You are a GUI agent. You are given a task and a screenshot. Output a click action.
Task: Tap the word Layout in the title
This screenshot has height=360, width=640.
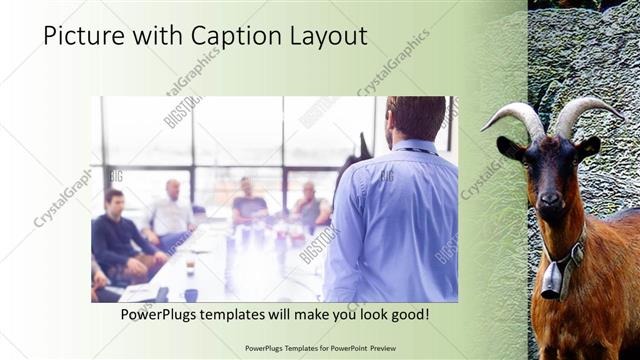tap(329, 37)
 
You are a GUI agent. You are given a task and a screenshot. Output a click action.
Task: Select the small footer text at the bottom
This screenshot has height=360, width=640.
tap(320, 348)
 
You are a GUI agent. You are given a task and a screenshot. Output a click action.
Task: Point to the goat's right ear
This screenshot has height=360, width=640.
tap(589, 147)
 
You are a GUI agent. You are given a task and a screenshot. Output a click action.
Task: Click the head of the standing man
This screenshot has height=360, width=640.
tap(413, 118)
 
